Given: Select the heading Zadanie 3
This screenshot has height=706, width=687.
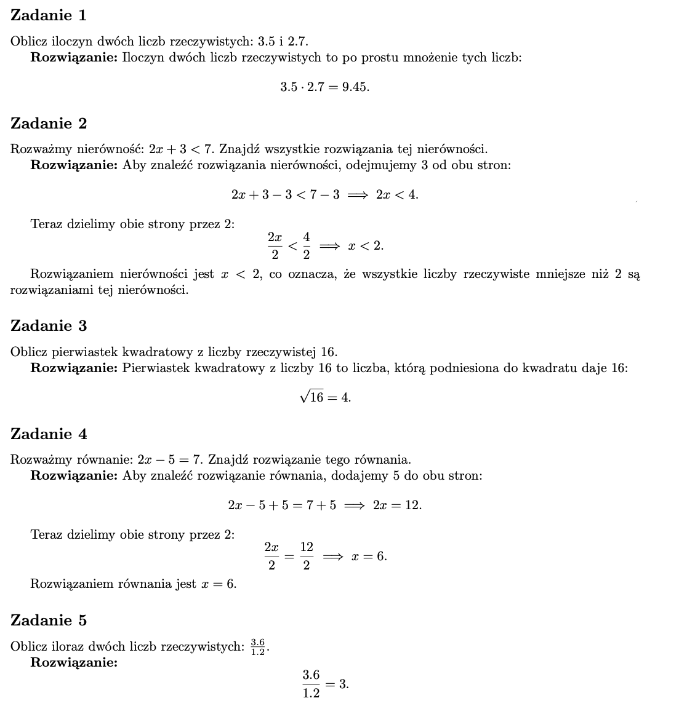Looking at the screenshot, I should [49, 326].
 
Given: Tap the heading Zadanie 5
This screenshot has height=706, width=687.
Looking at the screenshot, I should [49, 621].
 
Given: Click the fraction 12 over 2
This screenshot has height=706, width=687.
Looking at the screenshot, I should [307, 556].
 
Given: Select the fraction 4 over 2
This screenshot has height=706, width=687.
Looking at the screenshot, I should [307, 245].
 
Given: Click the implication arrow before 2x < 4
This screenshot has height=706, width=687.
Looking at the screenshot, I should [357, 195].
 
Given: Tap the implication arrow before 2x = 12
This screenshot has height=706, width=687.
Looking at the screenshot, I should [354, 506].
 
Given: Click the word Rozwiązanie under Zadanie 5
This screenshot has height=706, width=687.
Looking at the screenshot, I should [74, 662].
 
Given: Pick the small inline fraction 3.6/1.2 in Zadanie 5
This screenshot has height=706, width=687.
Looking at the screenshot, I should [258, 647].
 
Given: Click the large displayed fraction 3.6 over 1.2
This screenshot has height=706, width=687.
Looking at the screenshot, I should [311, 684].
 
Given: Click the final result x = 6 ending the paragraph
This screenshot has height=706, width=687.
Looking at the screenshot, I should [218, 584].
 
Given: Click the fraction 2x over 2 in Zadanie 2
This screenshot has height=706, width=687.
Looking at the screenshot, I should [275, 245].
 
